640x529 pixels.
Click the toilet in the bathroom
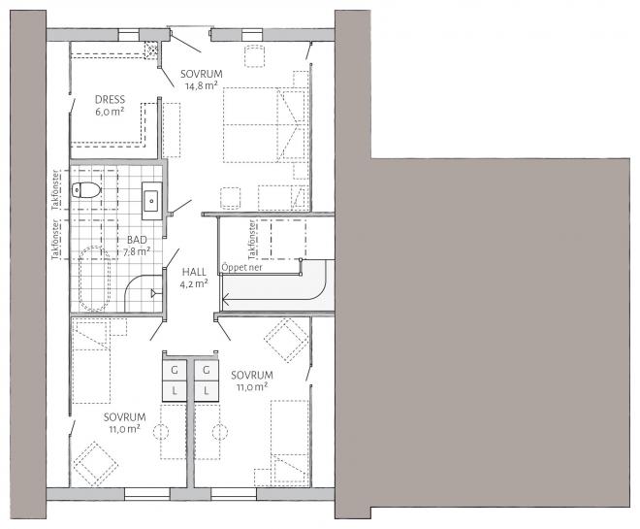coord(86,190)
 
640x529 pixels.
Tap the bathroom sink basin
coord(151,201)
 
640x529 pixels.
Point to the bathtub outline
coord(94,279)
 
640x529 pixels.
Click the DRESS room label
coord(110,100)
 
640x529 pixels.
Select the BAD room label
coord(137,240)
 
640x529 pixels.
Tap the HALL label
coord(194,272)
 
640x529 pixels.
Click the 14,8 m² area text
coord(201,85)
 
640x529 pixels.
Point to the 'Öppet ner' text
coord(241,268)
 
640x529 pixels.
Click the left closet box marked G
coord(175,371)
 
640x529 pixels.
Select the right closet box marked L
coord(207,391)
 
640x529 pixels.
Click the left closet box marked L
coord(175,391)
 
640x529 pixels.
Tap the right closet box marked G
coord(207,371)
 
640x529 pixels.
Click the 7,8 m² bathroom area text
coord(137,251)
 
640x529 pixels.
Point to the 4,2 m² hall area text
coord(194,283)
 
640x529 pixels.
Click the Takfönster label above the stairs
coord(252,240)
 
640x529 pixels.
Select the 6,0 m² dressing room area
coord(110,112)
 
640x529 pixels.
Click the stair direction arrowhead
coord(225,302)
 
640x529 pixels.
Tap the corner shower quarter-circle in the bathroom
coord(134,282)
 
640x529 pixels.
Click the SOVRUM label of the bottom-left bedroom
coord(124,417)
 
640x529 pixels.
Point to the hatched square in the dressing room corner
coord(152,50)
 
